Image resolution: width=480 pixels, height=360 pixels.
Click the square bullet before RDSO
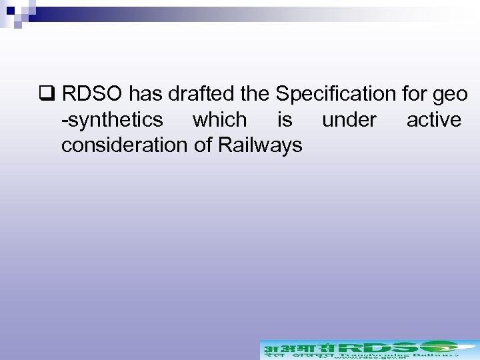point(45,94)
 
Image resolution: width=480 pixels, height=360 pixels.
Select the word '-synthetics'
point(111,120)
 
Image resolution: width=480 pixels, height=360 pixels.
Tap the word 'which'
point(219,120)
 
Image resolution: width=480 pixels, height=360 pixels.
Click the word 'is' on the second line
point(285,120)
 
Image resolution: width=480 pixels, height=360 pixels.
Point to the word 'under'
point(349,120)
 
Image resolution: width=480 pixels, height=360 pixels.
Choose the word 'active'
point(433,120)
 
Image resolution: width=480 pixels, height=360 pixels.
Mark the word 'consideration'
point(124,145)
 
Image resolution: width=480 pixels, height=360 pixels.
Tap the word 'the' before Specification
point(254,94)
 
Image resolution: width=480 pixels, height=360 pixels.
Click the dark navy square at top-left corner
point(10,10)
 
